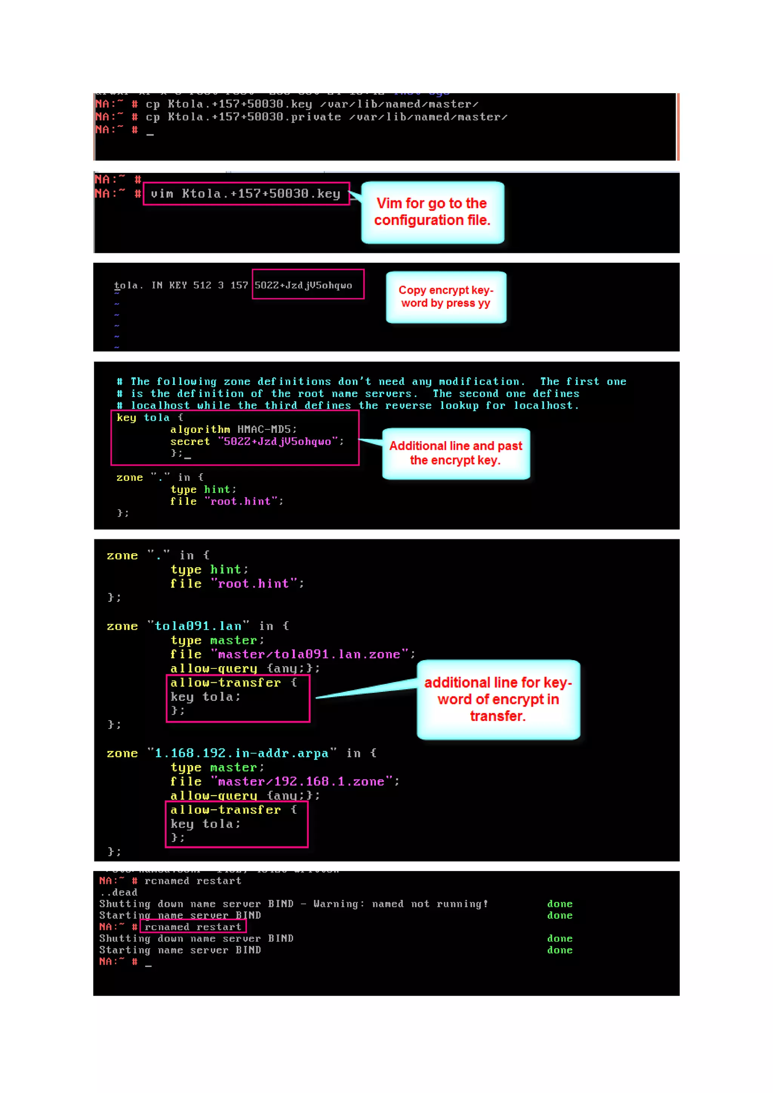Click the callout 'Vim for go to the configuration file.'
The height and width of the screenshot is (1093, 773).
click(432, 212)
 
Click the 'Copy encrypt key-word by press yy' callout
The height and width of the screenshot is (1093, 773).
click(446, 297)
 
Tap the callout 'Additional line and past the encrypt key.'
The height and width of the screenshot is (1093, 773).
click(456, 453)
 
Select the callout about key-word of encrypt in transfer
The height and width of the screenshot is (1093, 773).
click(498, 699)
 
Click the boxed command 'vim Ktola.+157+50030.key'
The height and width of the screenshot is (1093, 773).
click(246, 194)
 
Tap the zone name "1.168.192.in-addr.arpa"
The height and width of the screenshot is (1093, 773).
click(242, 753)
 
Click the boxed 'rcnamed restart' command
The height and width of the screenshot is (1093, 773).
click(193, 927)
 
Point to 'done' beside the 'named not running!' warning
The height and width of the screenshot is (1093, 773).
click(560, 904)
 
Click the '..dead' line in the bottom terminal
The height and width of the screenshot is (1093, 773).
click(119, 893)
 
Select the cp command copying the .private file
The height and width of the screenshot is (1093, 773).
click(326, 117)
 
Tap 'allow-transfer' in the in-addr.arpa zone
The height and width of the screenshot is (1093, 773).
click(226, 810)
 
